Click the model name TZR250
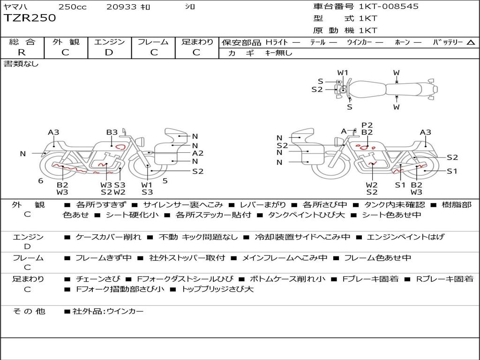30,18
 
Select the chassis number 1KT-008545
389,6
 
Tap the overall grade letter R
22,52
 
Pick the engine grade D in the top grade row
109,52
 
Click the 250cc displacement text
73,7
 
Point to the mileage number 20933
121,7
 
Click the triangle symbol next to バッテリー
471,42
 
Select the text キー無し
278,53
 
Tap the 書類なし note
21,64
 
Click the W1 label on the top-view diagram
343,73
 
